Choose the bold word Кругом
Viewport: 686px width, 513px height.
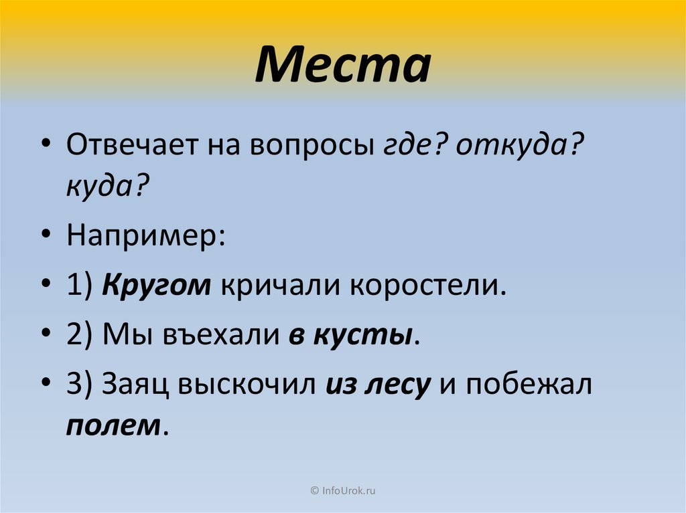[x=156, y=287]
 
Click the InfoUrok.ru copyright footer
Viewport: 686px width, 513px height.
[x=342, y=491]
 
